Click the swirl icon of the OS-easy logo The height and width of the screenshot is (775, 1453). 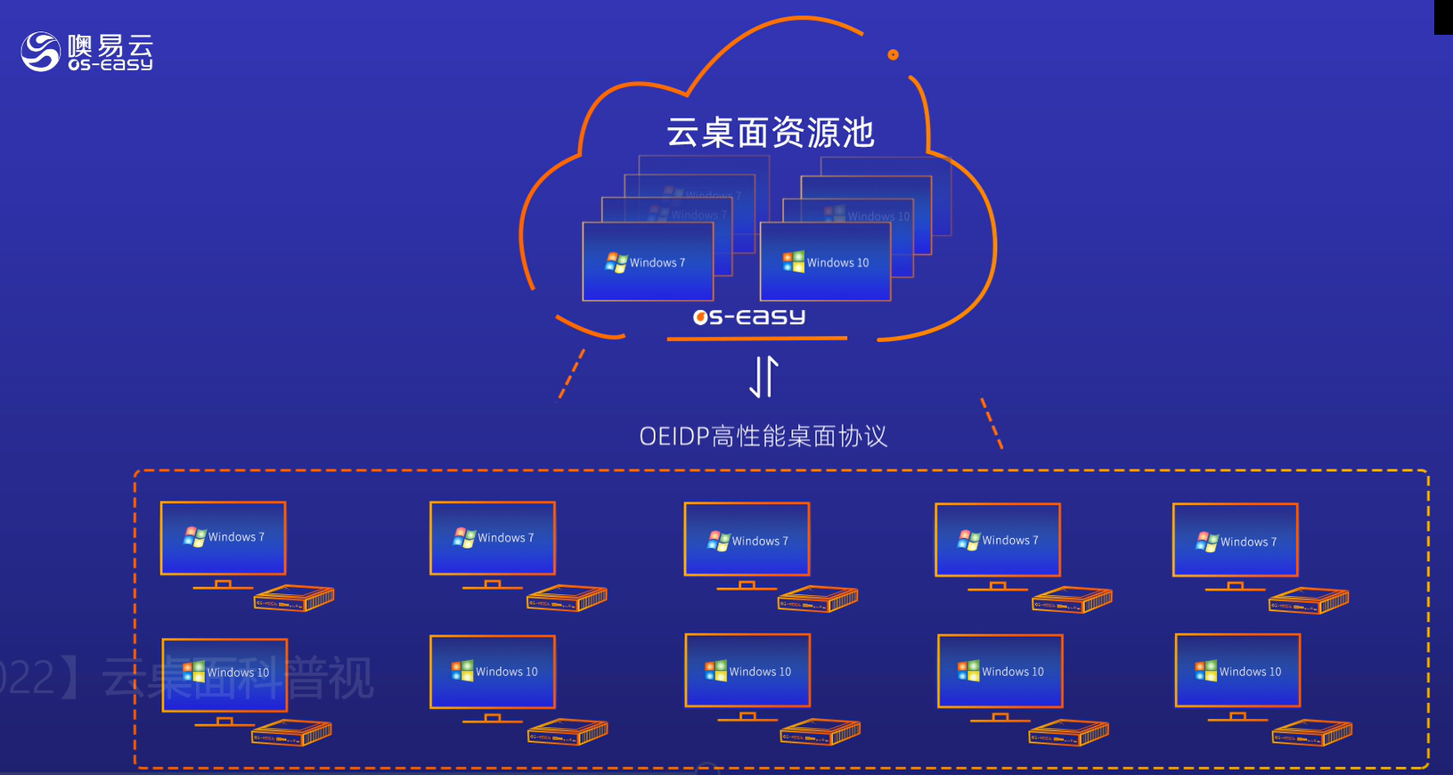point(40,51)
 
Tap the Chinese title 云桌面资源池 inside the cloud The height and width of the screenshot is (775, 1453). point(771,133)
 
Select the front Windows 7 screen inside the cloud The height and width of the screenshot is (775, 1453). point(648,262)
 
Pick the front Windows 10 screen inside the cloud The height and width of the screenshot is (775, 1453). point(825,262)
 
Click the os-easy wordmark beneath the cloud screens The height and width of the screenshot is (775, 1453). point(749,317)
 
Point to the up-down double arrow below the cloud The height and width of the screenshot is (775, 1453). point(763,376)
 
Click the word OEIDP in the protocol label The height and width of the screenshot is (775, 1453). point(673,436)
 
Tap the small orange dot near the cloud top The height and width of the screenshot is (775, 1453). point(893,55)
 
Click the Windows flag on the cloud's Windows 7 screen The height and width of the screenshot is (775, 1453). point(616,263)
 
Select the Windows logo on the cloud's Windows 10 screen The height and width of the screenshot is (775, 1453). point(793,262)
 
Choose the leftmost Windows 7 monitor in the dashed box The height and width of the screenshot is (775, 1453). point(223,538)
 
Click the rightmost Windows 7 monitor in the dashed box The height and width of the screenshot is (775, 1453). point(1235,541)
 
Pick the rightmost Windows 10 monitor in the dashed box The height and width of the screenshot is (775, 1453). point(1237,671)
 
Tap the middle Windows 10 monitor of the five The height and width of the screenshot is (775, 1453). point(747,671)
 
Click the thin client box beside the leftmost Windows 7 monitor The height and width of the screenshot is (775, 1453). point(294,599)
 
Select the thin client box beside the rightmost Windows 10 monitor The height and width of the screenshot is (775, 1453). point(1312,733)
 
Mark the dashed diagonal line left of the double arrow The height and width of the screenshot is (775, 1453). point(571,374)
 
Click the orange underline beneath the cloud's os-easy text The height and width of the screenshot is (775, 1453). point(756,339)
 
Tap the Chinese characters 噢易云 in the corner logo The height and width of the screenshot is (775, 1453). point(110,45)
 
